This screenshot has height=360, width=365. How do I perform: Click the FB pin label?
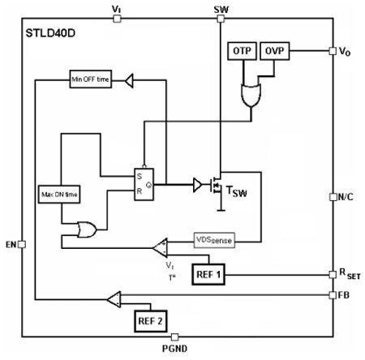[346, 296]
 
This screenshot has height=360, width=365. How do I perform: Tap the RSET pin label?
[349, 275]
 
